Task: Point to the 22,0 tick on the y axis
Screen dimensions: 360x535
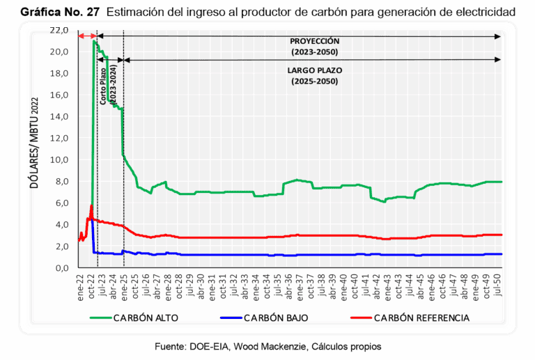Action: (59, 31)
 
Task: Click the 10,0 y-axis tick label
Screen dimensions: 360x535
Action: (59, 160)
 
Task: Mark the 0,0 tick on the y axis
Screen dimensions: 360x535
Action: (61, 268)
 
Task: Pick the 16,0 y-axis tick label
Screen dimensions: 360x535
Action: (59, 95)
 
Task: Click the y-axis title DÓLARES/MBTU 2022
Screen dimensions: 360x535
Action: (31, 150)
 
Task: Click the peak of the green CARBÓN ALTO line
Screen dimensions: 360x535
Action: (93, 41)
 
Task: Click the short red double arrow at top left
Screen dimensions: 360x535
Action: (86, 36)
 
